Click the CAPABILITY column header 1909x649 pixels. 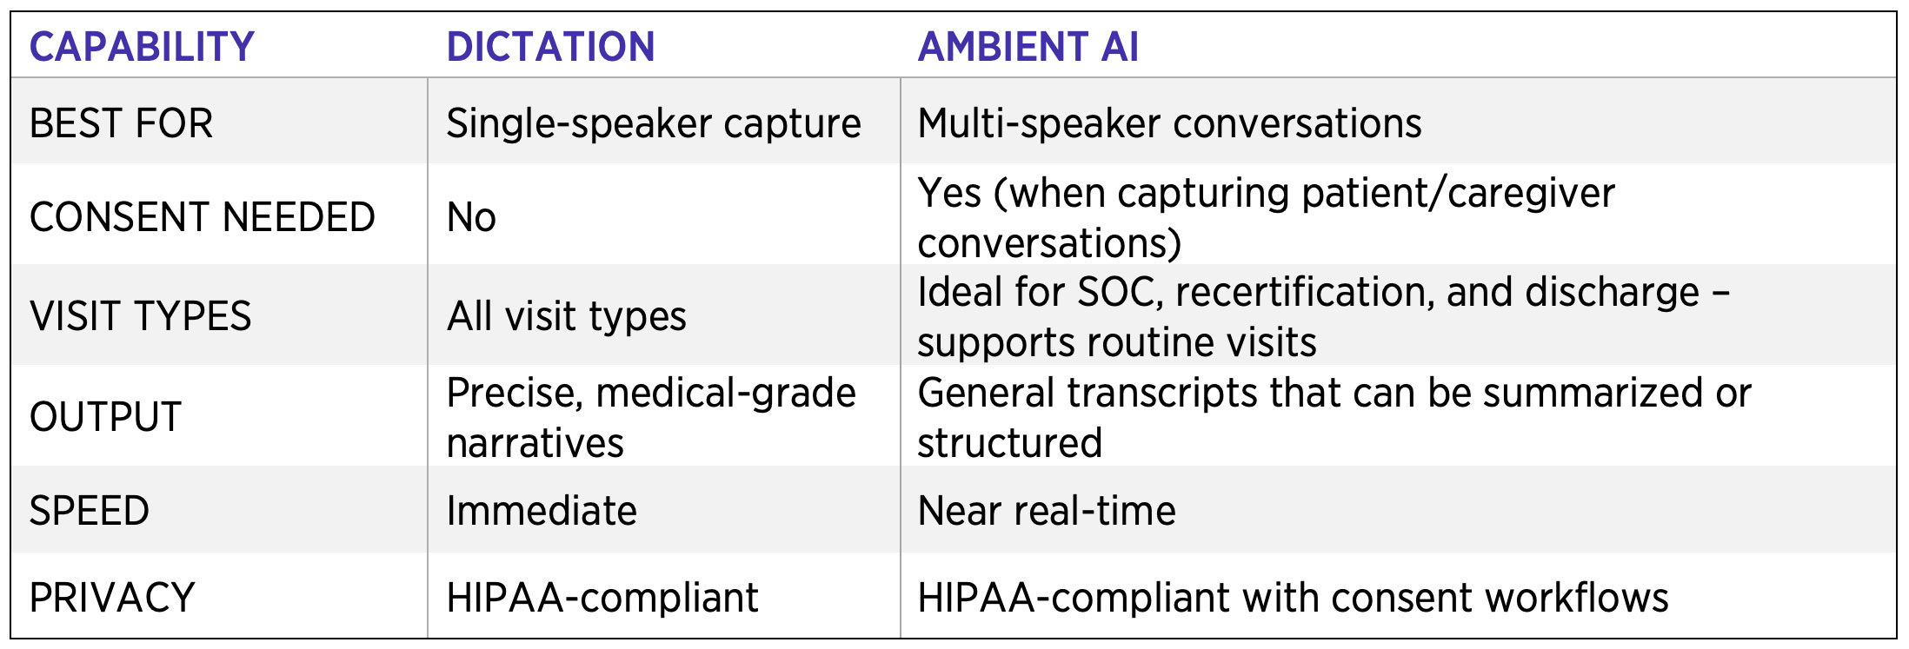(x=142, y=47)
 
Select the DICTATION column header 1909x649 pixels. (x=550, y=47)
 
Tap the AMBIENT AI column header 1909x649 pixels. (x=1028, y=47)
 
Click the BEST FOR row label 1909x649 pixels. (x=121, y=123)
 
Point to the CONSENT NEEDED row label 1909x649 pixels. (x=203, y=217)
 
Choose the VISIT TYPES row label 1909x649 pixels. (x=141, y=316)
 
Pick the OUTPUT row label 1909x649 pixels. (x=105, y=417)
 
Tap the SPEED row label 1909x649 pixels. (x=90, y=511)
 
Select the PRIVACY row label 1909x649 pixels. (x=112, y=598)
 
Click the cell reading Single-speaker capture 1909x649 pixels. (x=654, y=124)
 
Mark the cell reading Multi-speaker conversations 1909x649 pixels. (x=1170, y=124)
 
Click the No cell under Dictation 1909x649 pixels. (x=471, y=217)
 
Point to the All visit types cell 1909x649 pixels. (x=567, y=317)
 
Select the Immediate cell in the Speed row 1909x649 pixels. (x=542, y=511)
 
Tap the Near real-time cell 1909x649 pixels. (x=1047, y=511)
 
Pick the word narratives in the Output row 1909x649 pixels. (x=535, y=443)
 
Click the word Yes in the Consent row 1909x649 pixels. (x=950, y=193)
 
